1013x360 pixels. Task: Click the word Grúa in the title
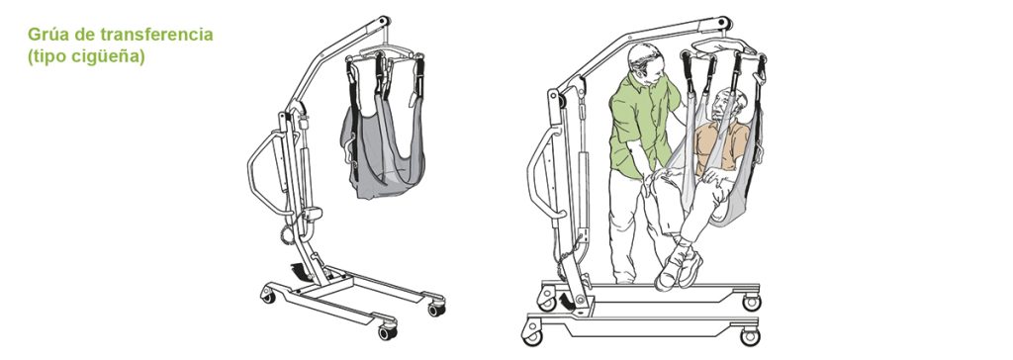[x=45, y=35]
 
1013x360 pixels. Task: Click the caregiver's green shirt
[x=641, y=124]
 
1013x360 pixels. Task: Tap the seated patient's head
[x=728, y=104]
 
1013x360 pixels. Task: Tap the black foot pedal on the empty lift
[x=299, y=270]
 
